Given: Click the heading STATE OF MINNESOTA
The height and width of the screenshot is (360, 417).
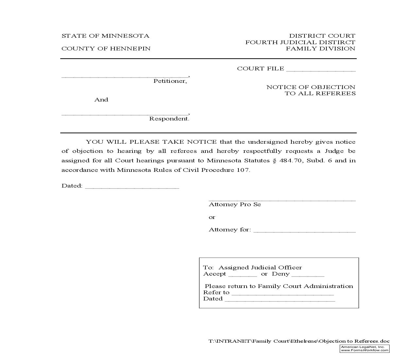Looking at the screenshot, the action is click(x=105, y=36).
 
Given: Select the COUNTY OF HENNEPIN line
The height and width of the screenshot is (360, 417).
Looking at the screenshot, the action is click(x=106, y=49).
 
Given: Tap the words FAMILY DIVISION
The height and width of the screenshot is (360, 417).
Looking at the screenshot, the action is click(x=321, y=49).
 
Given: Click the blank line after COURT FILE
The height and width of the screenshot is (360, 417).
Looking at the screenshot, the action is click(x=321, y=69).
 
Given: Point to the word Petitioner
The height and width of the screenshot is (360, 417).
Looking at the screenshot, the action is click(x=170, y=81).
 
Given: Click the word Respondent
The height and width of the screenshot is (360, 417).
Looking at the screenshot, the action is click(x=169, y=119).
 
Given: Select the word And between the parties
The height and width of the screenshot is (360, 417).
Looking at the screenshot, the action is click(x=101, y=100).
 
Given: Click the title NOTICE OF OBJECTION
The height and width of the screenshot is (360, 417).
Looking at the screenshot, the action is click(x=311, y=87).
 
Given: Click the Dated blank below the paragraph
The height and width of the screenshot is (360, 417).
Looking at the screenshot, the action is click(x=132, y=187).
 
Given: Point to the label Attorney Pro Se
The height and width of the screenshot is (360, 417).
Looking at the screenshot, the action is click(x=235, y=205).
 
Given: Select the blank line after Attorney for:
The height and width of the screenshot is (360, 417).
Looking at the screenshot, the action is click(x=304, y=230).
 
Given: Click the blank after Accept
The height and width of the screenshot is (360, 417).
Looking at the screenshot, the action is click(x=243, y=275).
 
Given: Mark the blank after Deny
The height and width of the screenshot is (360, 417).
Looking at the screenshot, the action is click(x=308, y=275).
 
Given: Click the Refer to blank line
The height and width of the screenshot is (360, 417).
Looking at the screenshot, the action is click(x=283, y=294).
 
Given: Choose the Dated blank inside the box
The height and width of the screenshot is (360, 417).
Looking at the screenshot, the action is click(x=280, y=300).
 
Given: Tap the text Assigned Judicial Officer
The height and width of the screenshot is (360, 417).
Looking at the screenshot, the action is click(x=260, y=268).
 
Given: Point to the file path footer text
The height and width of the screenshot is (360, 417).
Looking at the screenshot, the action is click(x=299, y=341).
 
